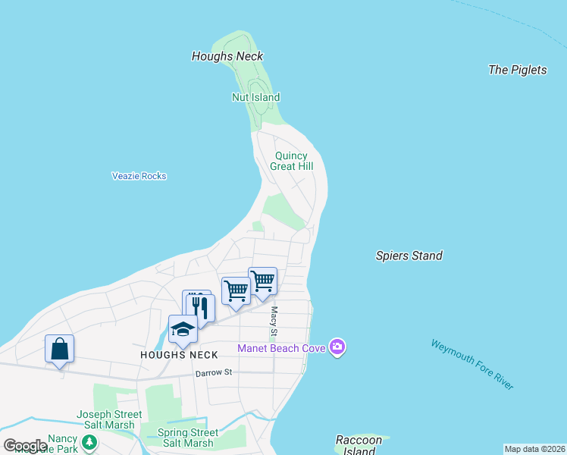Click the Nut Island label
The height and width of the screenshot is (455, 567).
click(x=255, y=97)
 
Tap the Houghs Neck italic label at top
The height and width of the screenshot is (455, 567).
click(x=227, y=56)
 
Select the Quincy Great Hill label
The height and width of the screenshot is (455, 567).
click(x=292, y=161)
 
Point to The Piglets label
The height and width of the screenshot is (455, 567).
click(x=517, y=70)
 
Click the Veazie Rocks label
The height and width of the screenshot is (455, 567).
click(x=139, y=176)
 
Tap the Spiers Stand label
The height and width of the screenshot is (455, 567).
click(x=409, y=256)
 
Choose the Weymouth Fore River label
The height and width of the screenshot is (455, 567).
click(x=472, y=365)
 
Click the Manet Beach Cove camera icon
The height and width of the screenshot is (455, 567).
click(x=337, y=348)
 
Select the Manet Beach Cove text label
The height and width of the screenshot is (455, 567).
click(x=280, y=349)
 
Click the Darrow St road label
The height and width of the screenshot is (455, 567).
click(x=212, y=373)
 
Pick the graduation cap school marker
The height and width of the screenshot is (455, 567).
click(x=183, y=328)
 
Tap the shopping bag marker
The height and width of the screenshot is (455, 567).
click(x=60, y=349)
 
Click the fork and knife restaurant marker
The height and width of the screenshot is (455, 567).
click(x=199, y=306)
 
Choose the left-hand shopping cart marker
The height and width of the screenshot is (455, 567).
click(x=236, y=290)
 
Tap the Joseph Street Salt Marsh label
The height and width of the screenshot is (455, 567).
click(x=109, y=419)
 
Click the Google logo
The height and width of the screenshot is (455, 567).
click(x=24, y=446)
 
